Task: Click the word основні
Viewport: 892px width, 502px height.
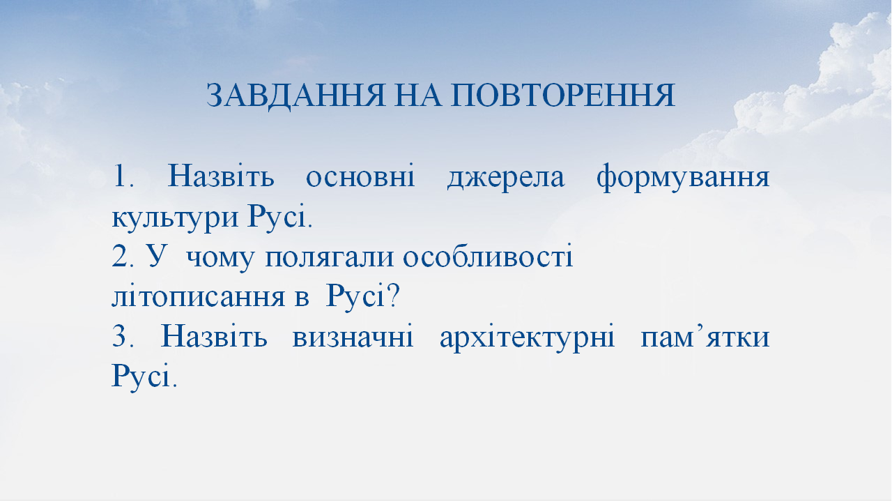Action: (360, 177)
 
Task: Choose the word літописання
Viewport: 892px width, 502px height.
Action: (194, 298)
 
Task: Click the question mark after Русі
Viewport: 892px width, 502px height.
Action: (392, 298)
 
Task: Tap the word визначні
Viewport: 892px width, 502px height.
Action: (353, 338)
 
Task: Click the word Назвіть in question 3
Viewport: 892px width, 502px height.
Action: (214, 338)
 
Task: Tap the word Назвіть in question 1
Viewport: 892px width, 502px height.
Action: (221, 177)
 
